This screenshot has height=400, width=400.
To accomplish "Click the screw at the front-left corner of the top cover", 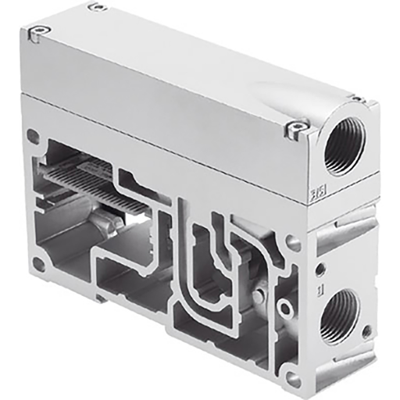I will pyautogui.click(x=39, y=32).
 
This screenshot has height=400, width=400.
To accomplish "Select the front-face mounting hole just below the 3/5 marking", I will pyautogui.click(x=295, y=245).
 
